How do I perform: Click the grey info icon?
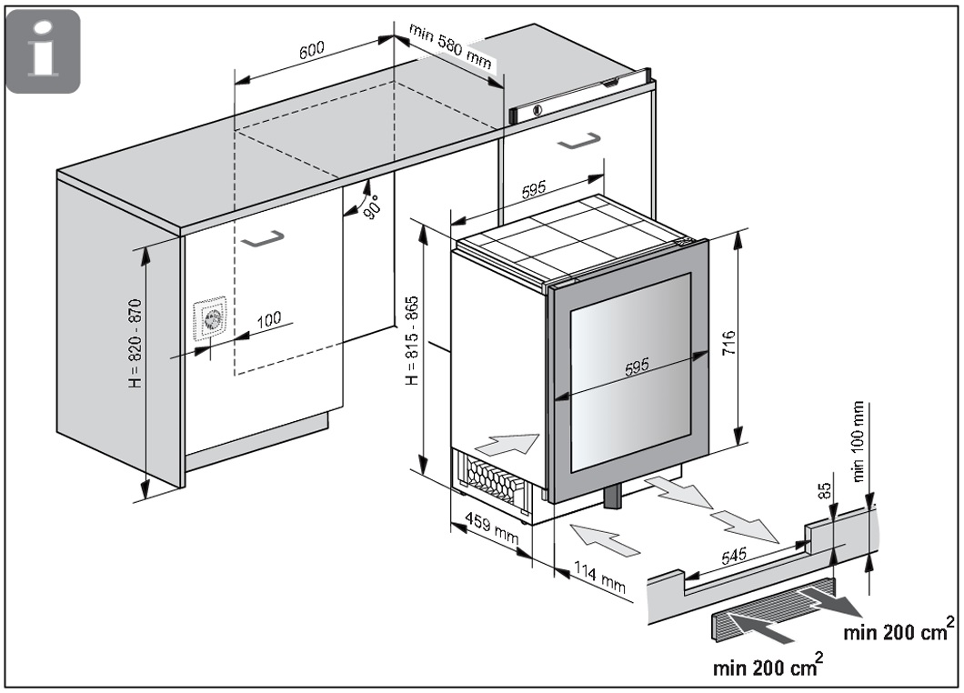[x=43, y=52]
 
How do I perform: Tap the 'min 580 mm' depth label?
[x=450, y=49]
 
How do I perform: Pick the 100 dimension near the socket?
[x=268, y=319]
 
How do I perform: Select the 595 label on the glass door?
[x=637, y=367]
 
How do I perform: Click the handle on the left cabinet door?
[x=263, y=238]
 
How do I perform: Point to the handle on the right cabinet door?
[x=578, y=141]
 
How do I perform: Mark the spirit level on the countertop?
[x=582, y=95]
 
